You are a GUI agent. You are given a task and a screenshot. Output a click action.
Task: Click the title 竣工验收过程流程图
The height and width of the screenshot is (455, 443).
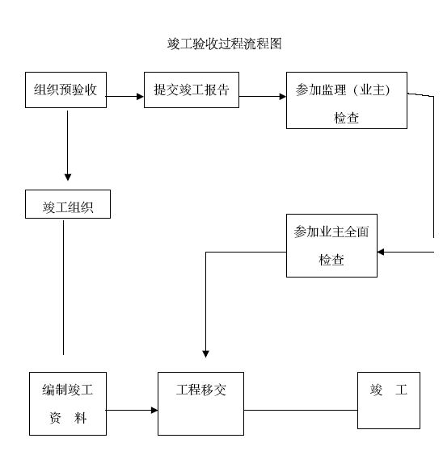coord(224,44)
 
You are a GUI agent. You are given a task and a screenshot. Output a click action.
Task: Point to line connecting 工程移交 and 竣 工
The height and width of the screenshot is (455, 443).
coord(301,410)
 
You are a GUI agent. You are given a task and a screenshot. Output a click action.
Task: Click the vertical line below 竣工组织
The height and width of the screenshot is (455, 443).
coord(63,287)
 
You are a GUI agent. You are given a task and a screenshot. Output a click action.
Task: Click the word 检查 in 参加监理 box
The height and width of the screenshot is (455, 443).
coord(346,118)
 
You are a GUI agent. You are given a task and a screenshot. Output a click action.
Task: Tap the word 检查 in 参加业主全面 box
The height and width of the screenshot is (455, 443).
coord(331,260)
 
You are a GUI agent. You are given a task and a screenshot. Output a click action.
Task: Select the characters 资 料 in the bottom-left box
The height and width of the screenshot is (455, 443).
coord(68,418)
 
